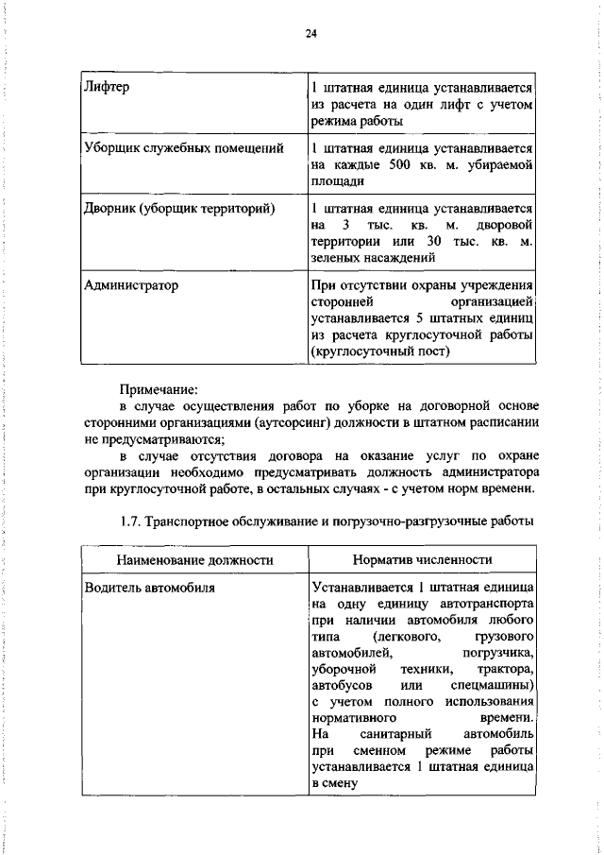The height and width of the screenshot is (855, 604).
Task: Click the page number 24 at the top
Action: pyautogui.click(x=310, y=34)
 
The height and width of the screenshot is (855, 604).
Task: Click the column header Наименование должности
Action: pyautogui.click(x=194, y=559)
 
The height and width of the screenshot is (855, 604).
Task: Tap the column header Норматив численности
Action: pyautogui.click(x=422, y=559)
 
